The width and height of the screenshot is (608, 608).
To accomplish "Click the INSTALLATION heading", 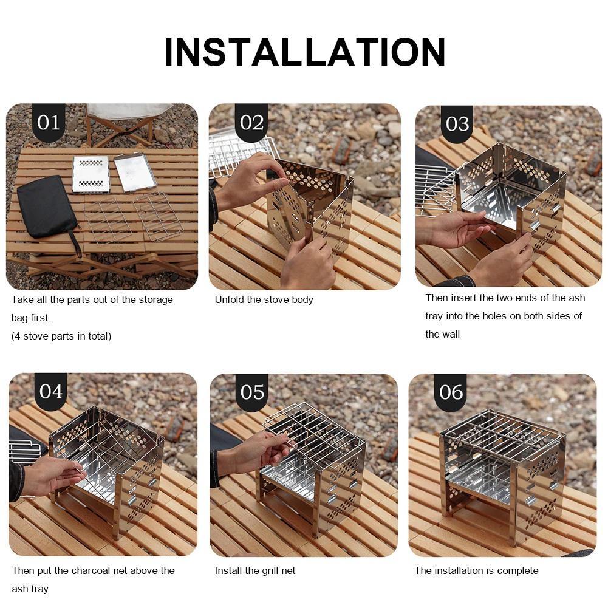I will point(304,52).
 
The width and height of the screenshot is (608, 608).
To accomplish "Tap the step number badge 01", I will point(49,123).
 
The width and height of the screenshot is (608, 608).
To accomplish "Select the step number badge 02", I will point(251,123).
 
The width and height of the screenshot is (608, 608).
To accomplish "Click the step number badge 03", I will point(457,124).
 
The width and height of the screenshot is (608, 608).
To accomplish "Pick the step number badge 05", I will point(252,392).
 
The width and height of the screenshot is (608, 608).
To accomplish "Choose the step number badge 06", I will point(451,392).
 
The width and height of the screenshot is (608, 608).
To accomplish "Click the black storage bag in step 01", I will point(47,208).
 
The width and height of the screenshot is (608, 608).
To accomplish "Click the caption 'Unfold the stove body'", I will point(264,300).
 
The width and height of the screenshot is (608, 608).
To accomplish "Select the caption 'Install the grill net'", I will point(255,570).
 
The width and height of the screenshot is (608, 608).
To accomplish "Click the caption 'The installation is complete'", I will point(476,570).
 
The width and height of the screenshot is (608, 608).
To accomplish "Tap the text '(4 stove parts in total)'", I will point(61,336).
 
